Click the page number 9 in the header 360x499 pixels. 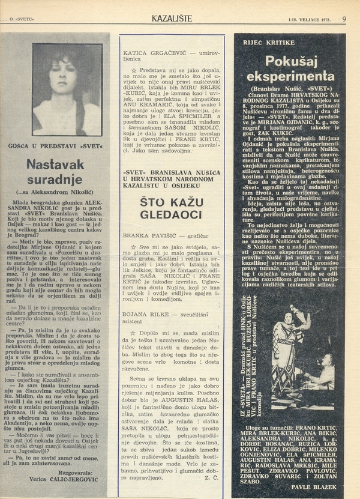click(344, 19)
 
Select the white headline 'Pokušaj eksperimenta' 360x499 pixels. click(290, 68)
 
